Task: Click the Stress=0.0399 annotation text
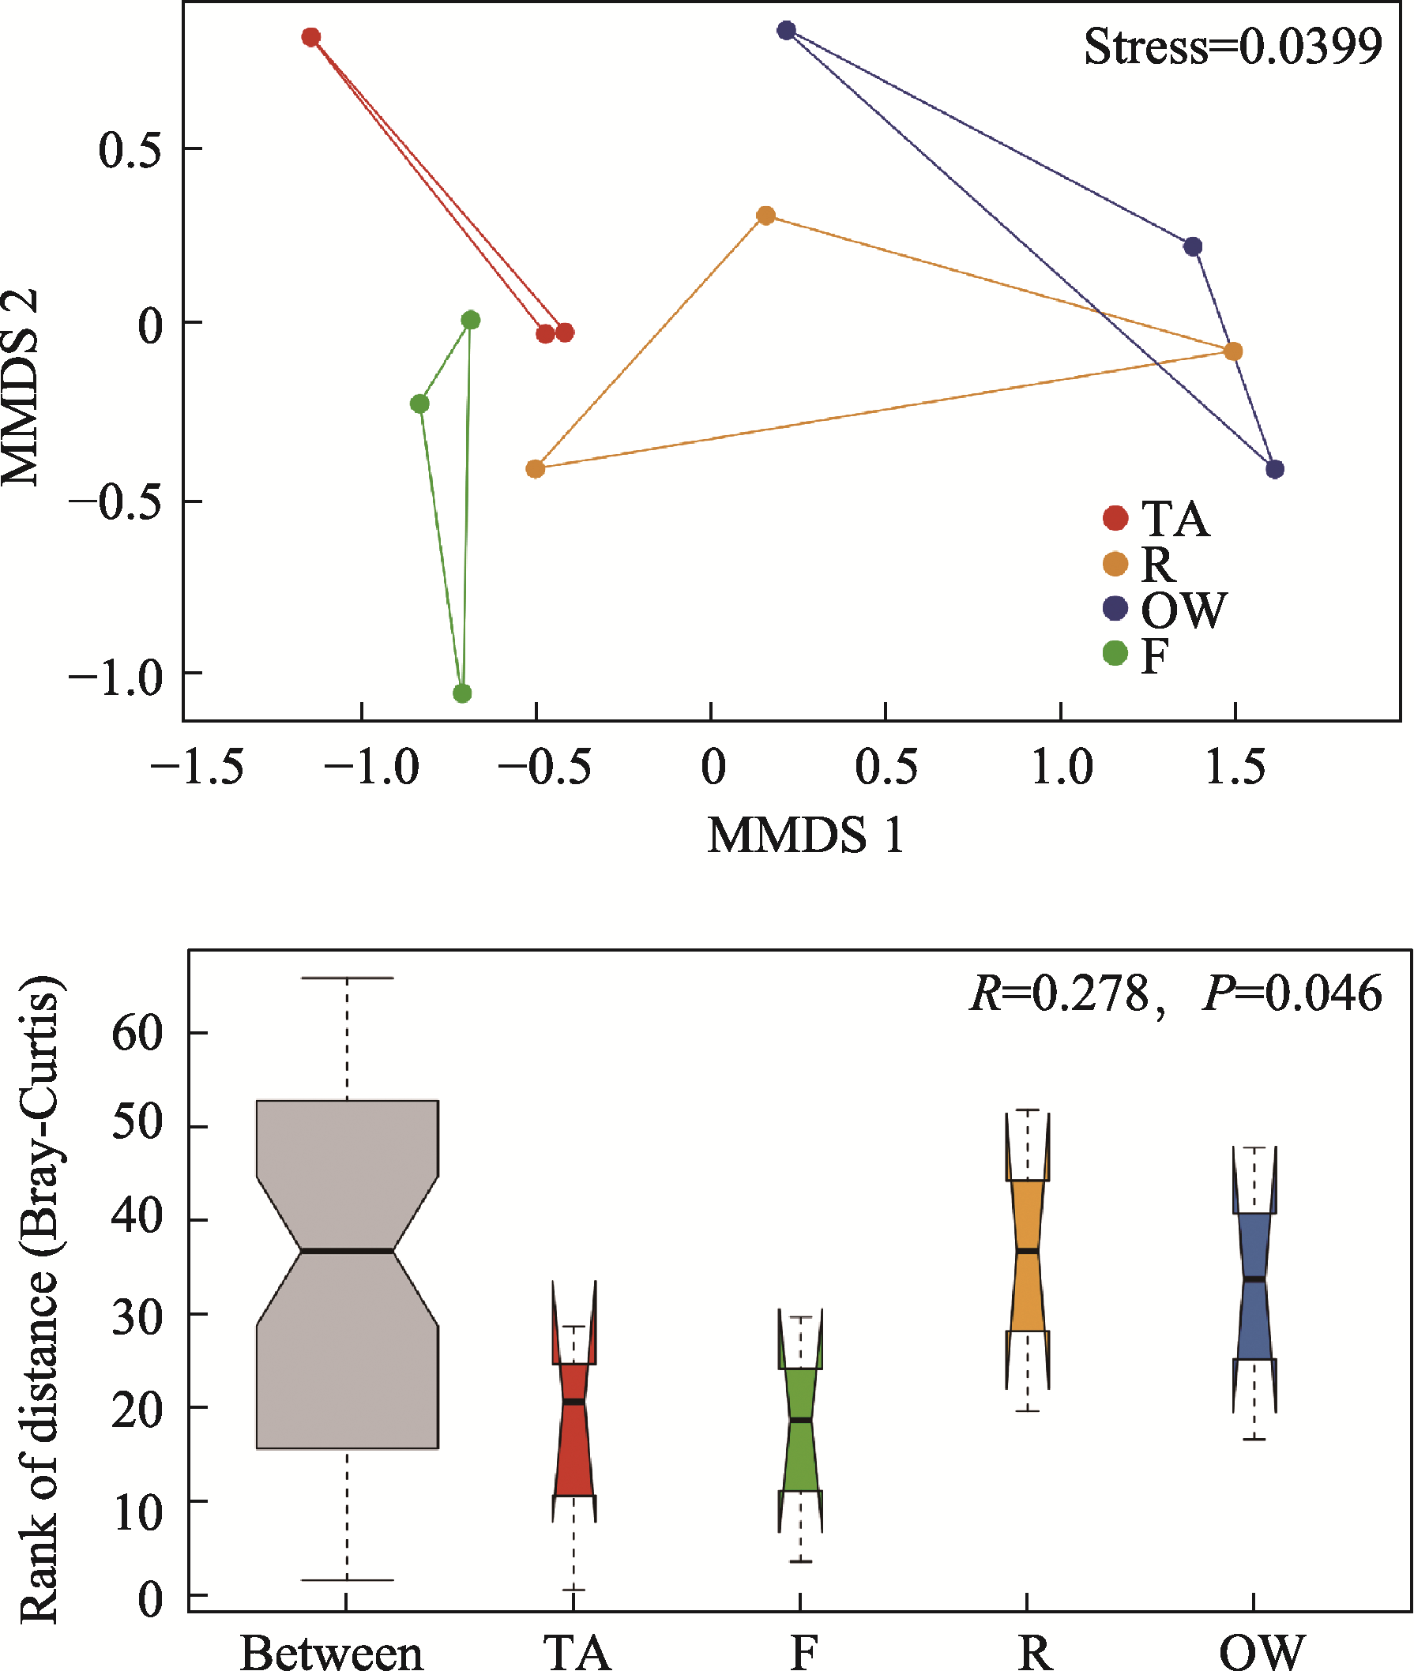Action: [x=1232, y=47]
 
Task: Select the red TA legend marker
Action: [x=1115, y=518]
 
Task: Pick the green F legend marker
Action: [x=1115, y=653]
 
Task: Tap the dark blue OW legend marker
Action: [x=1115, y=608]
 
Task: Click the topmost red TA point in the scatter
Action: [x=311, y=37]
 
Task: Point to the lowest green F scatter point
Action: [x=461, y=693]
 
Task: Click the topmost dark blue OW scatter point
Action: [x=786, y=31]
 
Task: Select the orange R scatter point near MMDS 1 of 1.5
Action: [x=1233, y=351]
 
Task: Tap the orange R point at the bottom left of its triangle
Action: [x=536, y=469]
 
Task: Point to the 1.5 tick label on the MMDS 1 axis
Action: [x=1235, y=767]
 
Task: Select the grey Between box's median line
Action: [x=347, y=1250]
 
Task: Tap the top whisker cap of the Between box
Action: [x=347, y=978]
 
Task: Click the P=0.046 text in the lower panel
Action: [x=1292, y=993]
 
